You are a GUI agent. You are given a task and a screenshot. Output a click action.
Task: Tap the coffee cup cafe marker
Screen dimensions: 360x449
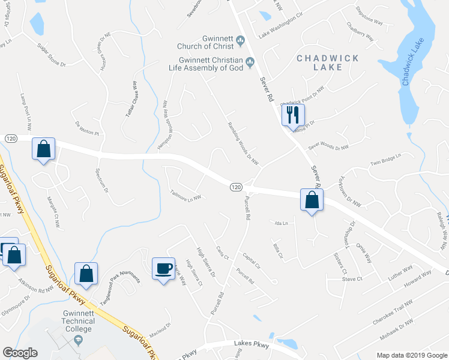pyautogui.click(x=164, y=268)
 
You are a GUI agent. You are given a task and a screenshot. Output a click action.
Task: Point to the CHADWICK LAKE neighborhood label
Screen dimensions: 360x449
pyautogui.click(x=328, y=62)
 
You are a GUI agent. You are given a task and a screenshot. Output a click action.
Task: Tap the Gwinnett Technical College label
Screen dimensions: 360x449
pyautogui.click(x=79, y=325)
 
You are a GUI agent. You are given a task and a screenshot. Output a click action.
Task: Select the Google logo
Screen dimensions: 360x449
pyautogui.click(x=20, y=353)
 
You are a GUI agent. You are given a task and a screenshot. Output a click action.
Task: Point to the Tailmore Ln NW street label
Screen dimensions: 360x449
pyautogui.click(x=185, y=195)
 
